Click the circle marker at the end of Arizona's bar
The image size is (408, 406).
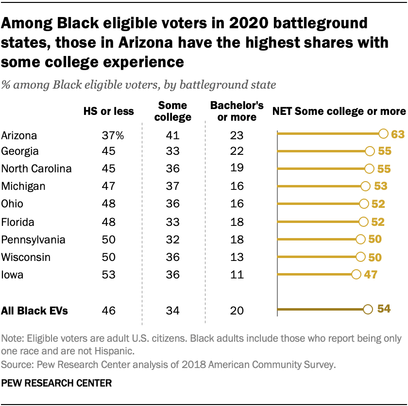pyautogui.click(x=383, y=133)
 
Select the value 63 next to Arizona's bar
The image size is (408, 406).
pyautogui.click(x=397, y=133)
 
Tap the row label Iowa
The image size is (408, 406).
pyautogui.click(x=13, y=275)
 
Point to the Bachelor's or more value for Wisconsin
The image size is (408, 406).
pyautogui.click(x=238, y=257)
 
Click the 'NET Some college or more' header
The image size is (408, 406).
pyautogui.click(x=339, y=111)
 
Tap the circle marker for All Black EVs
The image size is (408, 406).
pyautogui.click(x=368, y=309)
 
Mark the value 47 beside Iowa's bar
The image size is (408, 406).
pyautogui.click(x=371, y=275)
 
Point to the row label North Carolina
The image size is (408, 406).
pyautogui.click(x=37, y=168)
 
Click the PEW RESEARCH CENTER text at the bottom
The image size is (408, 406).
pyautogui.click(x=57, y=384)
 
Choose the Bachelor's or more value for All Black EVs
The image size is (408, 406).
pyautogui.click(x=238, y=311)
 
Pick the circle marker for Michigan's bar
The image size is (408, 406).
pyautogui.click(x=366, y=186)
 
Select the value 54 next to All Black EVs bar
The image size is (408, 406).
pyautogui.click(x=384, y=309)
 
